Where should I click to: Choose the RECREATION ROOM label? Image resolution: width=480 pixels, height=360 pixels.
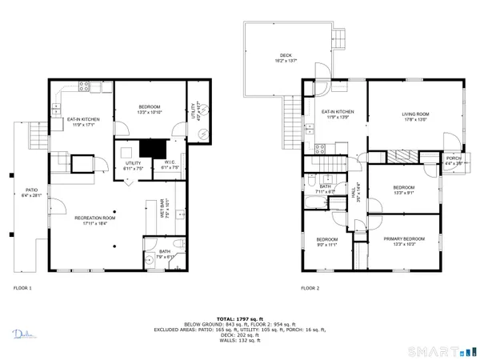[95, 218]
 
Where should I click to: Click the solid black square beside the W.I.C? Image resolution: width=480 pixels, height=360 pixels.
[149, 148]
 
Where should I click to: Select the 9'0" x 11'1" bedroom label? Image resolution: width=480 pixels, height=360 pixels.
[326, 242]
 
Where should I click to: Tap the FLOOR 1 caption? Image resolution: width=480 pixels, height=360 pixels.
[22, 287]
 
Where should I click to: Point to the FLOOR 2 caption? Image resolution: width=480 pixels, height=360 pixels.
[310, 287]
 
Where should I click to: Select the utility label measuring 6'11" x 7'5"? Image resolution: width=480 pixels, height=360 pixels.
[133, 165]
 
